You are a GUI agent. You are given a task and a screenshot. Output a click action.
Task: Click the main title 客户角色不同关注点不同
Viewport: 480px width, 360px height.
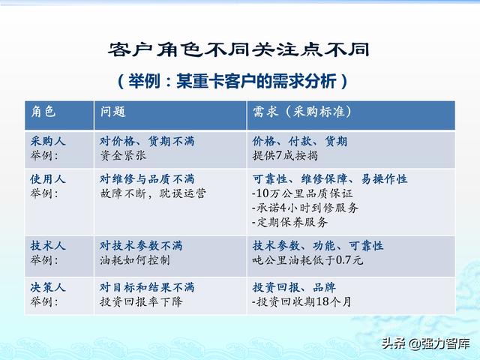[x=238, y=50]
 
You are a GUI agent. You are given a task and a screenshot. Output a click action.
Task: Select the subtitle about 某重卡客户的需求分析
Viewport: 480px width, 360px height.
[x=233, y=81]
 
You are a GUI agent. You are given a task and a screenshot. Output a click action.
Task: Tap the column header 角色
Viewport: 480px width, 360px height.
[x=43, y=112]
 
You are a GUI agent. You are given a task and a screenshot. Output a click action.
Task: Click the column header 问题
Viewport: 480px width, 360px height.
[x=113, y=112]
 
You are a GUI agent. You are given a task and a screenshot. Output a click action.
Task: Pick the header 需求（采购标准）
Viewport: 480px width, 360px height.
[x=302, y=112]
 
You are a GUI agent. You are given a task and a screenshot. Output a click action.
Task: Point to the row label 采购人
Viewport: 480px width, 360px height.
[x=48, y=141]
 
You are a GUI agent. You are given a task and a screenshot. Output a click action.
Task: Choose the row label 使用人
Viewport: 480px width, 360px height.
[x=48, y=179]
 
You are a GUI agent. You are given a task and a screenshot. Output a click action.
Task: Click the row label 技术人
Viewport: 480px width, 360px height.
[x=48, y=245]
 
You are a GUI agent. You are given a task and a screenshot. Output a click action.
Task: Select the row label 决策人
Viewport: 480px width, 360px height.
[x=48, y=287]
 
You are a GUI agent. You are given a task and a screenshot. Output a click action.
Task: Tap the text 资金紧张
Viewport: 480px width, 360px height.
[x=123, y=155]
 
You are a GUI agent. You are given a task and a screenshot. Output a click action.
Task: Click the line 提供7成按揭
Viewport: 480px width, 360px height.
[x=285, y=155]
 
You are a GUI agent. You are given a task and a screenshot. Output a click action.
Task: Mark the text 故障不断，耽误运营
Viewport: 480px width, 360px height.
[x=153, y=193]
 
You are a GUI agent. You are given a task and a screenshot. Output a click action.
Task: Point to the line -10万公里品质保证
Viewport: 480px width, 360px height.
[x=302, y=193]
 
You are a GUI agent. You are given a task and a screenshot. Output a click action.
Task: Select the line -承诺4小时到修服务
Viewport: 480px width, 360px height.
[x=305, y=208]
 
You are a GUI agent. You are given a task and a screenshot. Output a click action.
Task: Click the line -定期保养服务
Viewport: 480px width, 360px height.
[x=289, y=222]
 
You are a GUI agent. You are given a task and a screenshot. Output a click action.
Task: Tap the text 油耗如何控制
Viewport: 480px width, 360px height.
[x=135, y=260]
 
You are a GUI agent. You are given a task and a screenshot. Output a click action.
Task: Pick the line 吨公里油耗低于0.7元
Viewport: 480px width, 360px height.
[x=307, y=260]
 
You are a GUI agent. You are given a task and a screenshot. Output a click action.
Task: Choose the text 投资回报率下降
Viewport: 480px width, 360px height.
[x=141, y=301]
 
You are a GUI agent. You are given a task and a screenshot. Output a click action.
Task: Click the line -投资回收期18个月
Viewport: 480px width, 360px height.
[x=301, y=301]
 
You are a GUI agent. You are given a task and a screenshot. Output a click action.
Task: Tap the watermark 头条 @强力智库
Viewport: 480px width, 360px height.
[x=425, y=343]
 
